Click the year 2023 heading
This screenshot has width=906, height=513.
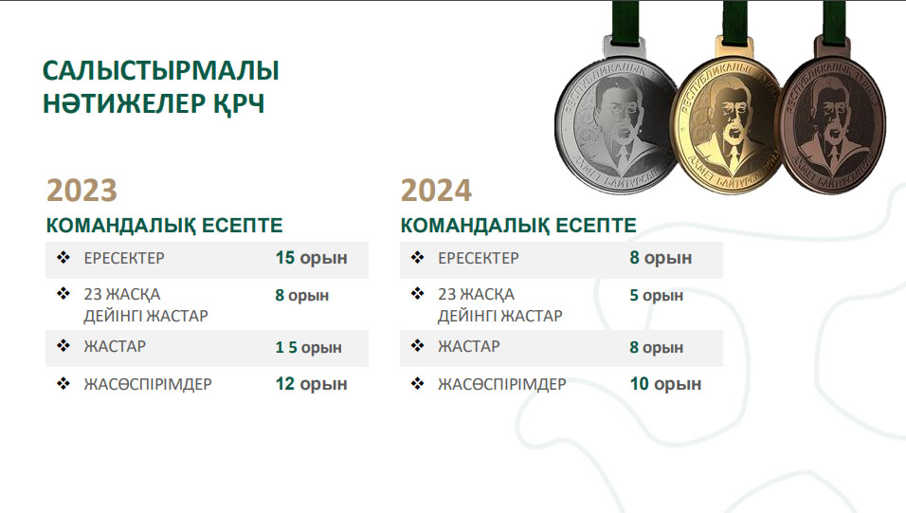point(82,191)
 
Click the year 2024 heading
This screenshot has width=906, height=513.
point(436,191)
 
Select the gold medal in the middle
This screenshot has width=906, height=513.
point(729,125)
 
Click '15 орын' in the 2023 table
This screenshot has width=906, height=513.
point(312,258)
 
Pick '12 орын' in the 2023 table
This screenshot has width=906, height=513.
point(312,384)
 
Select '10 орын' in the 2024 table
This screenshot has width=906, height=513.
point(665,384)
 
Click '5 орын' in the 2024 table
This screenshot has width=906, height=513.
point(657,296)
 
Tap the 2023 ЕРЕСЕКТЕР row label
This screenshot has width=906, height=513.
point(124,258)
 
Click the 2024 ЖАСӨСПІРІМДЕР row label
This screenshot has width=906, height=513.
point(502,384)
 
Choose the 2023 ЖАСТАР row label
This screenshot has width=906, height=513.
point(115,346)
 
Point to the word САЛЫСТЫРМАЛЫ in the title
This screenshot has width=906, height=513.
point(160,70)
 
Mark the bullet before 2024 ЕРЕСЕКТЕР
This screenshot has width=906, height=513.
point(418,257)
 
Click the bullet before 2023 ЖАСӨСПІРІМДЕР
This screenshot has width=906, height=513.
point(63,383)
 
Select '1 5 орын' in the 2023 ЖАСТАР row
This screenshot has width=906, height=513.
point(309,348)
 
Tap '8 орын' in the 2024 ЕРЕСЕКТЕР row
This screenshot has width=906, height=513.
point(661,258)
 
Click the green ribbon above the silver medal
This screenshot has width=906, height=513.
point(625,19)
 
